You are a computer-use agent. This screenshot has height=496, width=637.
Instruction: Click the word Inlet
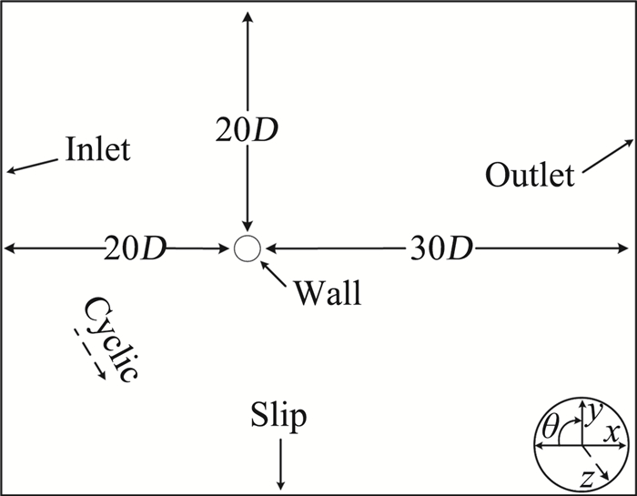point(97,148)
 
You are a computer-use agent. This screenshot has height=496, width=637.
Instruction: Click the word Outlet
point(530,174)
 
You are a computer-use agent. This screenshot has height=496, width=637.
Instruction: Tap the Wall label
point(327,293)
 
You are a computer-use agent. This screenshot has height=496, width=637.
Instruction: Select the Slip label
point(278,418)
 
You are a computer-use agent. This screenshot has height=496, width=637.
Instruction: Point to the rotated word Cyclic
point(112,338)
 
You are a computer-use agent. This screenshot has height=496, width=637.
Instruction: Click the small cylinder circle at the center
point(247,248)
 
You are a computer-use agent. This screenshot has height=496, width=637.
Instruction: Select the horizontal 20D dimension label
point(136,248)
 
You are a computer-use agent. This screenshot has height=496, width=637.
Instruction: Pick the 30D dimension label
point(440,248)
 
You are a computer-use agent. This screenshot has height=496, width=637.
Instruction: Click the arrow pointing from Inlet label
point(31,164)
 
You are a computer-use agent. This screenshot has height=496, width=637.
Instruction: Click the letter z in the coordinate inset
point(589,474)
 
